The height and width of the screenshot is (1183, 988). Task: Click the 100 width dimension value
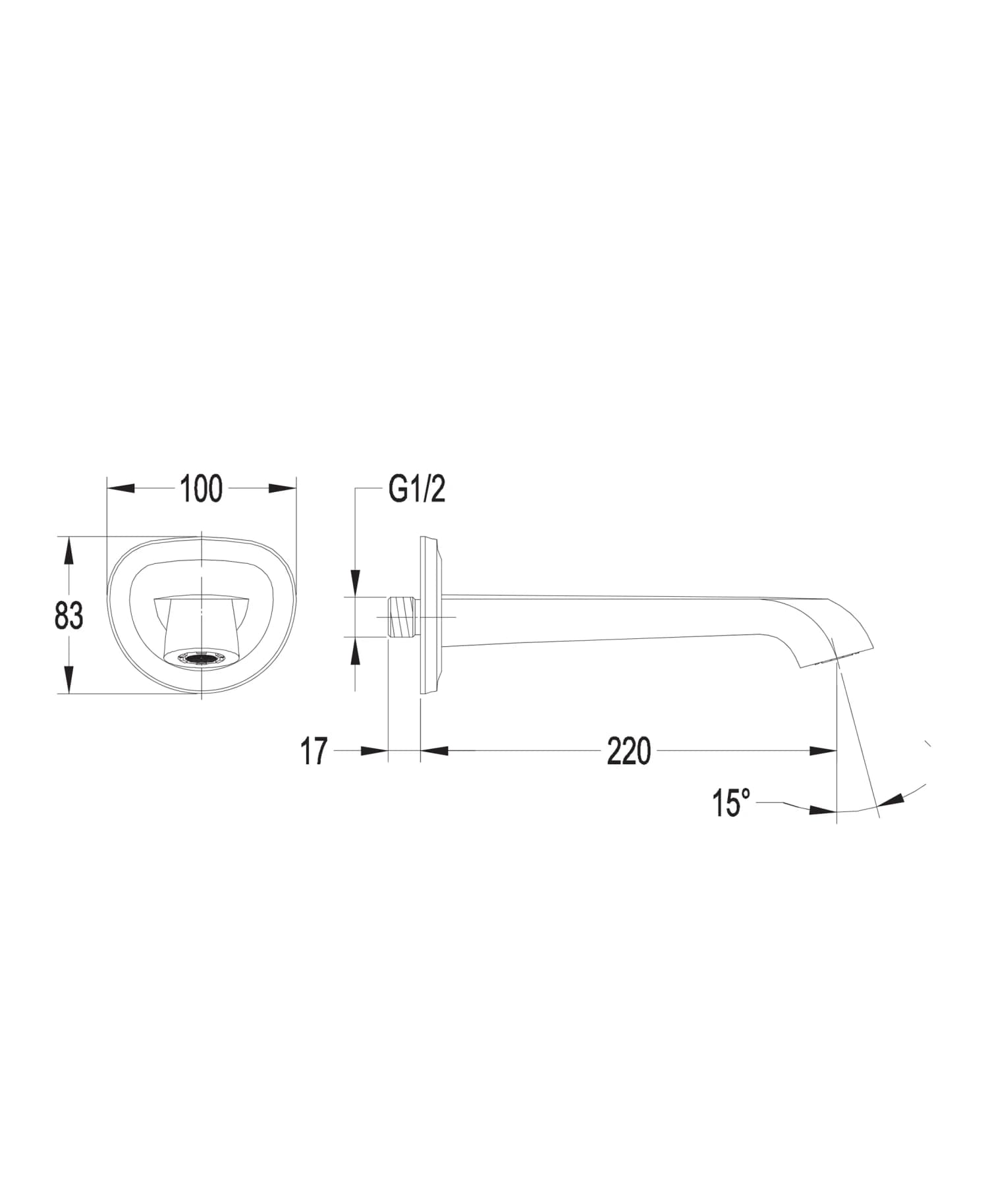click(201, 489)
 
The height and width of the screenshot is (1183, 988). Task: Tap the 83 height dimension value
click(69, 616)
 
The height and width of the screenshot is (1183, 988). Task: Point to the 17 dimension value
click(314, 751)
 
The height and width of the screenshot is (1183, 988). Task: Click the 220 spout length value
click(628, 751)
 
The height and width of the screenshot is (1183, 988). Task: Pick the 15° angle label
click(730, 803)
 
